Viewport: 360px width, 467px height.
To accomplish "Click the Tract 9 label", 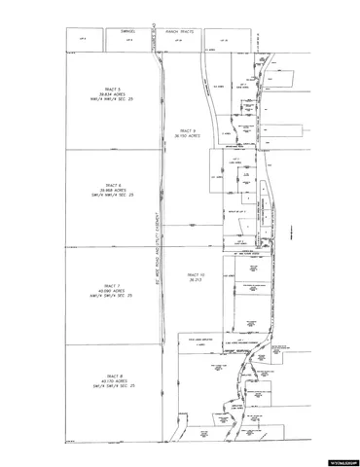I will tap(189, 130).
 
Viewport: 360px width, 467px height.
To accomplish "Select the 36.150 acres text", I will tap(189, 136).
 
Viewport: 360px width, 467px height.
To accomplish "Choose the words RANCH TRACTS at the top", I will tap(181, 29).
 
